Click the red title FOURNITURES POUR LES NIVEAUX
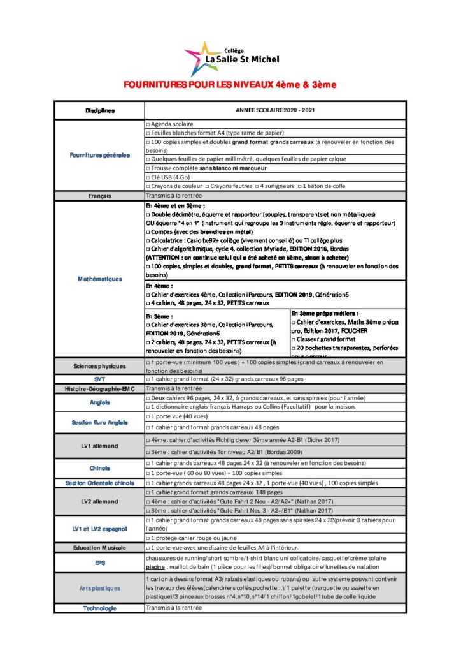click(230, 85)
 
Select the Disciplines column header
click(100, 110)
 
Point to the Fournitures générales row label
click(100, 155)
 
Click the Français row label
click(100, 196)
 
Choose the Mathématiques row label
click(100, 279)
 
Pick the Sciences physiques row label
click(100, 367)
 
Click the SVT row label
click(100, 379)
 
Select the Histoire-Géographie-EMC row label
click(100, 388)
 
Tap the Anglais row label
click(100, 402)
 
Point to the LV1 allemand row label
click(100, 445)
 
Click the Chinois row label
click(100, 467)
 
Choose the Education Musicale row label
click(100, 547)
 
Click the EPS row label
click(100, 562)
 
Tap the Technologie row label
click(100, 608)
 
